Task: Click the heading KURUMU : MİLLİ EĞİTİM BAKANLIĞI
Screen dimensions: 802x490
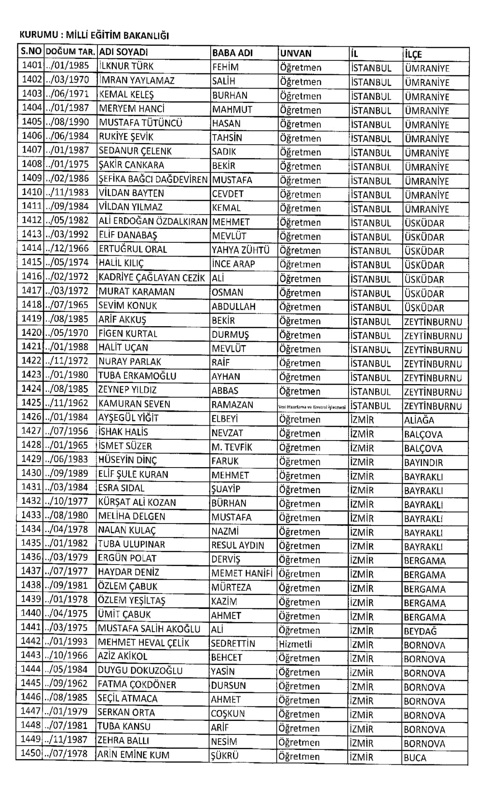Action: tap(94, 36)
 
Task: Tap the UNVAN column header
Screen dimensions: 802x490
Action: tap(296, 53)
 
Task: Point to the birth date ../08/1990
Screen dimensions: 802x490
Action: tap(67, 123)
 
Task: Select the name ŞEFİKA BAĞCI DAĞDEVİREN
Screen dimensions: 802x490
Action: tap(153, 180)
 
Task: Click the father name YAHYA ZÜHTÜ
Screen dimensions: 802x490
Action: tap(241, 250)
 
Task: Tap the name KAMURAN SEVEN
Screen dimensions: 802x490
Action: tap(134, 404)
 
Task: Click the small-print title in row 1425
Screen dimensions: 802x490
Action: tap(312, 407)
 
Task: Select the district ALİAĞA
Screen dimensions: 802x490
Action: tap(419, 420)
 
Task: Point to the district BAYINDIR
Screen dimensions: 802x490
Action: tap(423, 462)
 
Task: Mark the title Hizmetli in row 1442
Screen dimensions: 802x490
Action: tap(295, 644)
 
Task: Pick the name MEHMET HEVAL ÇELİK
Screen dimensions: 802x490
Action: tap(144, 643)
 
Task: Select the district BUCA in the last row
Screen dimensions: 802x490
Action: tap(415, 758)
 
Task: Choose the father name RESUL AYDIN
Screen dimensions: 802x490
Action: tap(238, 545)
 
